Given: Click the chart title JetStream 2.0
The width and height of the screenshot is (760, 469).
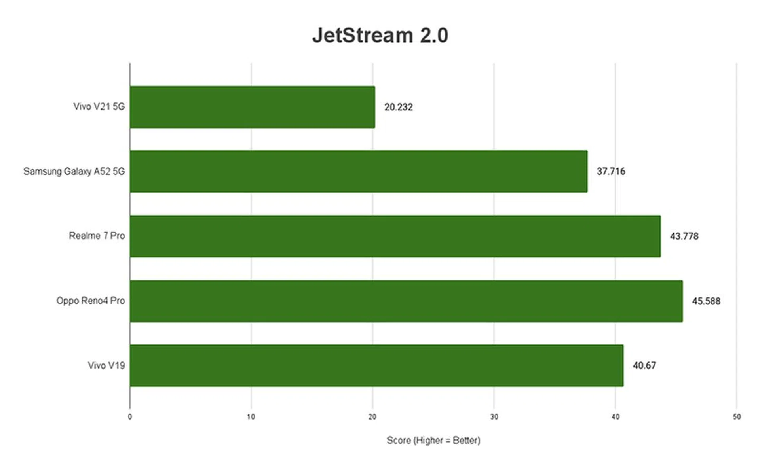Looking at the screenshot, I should [380, 35].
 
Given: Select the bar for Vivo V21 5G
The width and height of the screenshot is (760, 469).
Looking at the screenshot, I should [252, 107].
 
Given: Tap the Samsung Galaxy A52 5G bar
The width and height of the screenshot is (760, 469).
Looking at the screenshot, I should [358, 171].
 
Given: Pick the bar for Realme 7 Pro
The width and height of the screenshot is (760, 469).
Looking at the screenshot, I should [395, 236].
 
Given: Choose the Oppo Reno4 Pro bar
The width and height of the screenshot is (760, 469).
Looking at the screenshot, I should [406, 301].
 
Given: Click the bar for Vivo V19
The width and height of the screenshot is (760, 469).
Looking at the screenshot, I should [376, 365].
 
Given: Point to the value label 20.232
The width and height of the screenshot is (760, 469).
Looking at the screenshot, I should [398, 107].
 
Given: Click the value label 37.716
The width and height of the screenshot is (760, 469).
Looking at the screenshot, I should [611, 172].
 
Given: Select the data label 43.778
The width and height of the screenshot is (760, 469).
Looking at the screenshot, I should [684, 236].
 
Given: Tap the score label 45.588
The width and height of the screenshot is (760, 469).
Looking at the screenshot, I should [706, 301].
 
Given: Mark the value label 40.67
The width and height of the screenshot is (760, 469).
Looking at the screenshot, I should [644, 366].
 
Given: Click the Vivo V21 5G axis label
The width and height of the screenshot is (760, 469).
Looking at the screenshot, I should [99, 107].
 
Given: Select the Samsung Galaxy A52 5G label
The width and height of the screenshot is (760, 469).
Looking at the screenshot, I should [74, 172].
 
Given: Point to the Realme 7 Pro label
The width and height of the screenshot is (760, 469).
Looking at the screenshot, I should [97, 236].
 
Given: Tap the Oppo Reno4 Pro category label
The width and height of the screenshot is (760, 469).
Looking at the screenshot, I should [90, 301].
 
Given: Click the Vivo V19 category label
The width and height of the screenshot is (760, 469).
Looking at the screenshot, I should [106, 365].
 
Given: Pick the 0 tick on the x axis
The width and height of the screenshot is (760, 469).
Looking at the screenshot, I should [130, 417].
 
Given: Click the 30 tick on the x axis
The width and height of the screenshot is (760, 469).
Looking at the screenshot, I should [494, 417].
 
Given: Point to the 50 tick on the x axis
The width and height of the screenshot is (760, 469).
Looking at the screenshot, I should [737, 417].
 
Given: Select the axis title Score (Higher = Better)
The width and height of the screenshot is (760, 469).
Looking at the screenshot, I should [433, 440].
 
